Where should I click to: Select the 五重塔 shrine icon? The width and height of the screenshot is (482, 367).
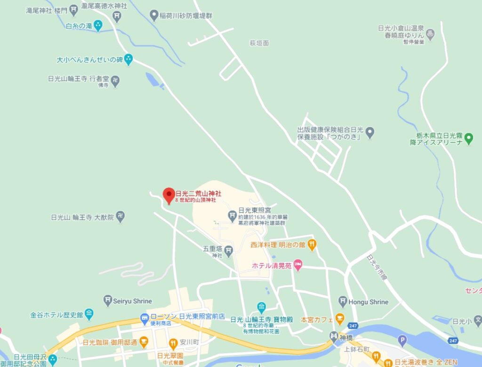pyautogui.click(x=228, y=251)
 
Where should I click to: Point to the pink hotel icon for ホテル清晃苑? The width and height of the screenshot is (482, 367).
pyautogui.click(x=297, y=266)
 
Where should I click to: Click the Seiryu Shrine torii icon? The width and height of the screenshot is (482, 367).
pyautogui.click(x=108, y=301)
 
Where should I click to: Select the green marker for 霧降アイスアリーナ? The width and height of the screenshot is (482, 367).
pyautogui.click(x=468, y=139)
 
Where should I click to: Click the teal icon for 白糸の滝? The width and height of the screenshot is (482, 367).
pyautogui.click(x=98, y=25)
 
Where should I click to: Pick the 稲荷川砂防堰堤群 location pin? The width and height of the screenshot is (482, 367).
pyautogui.click(x=153, y=16)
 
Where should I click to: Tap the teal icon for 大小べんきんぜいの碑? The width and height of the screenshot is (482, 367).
pyautogui.click(x=128, y=60)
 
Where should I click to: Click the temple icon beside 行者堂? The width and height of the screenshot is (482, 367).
pyautogui.click(x=115, y=82)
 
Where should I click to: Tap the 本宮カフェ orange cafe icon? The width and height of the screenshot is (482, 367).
pyautogui.click(x=339, y=319)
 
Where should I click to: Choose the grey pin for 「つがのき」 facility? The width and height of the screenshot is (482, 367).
pyautogui.click(x=370, y=133)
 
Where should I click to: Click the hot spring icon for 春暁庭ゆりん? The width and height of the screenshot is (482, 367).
pyautogui.click(x=430, y=34)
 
